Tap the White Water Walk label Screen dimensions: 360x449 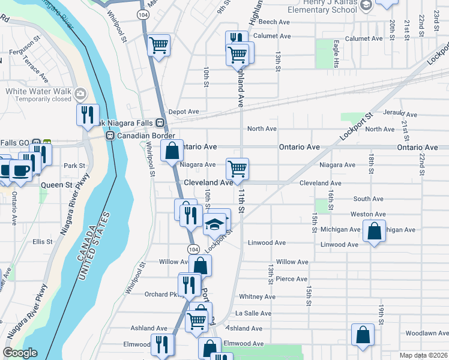pyautogui.click(x=35, y=91)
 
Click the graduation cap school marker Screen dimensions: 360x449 pyautogui.click(x=214, y=224)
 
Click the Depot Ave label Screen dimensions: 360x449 pyautogui.click(x=184, y=112)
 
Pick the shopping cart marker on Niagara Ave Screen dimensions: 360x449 pyautogui.click(x=238, y=169)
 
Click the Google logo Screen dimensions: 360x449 pyautogui.click(x=20, y=353)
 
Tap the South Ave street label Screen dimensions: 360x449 pyautogui.click(x=368, y=199)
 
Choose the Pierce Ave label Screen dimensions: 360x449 pyautogui.click(x=292, y=279)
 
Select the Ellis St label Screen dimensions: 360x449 pyautogui.click(x=43, y=242)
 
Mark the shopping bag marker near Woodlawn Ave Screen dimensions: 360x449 pyautogui.click(x=363, y=335)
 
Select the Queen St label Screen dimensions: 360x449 pyautogui.click(x=56, y=185)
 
